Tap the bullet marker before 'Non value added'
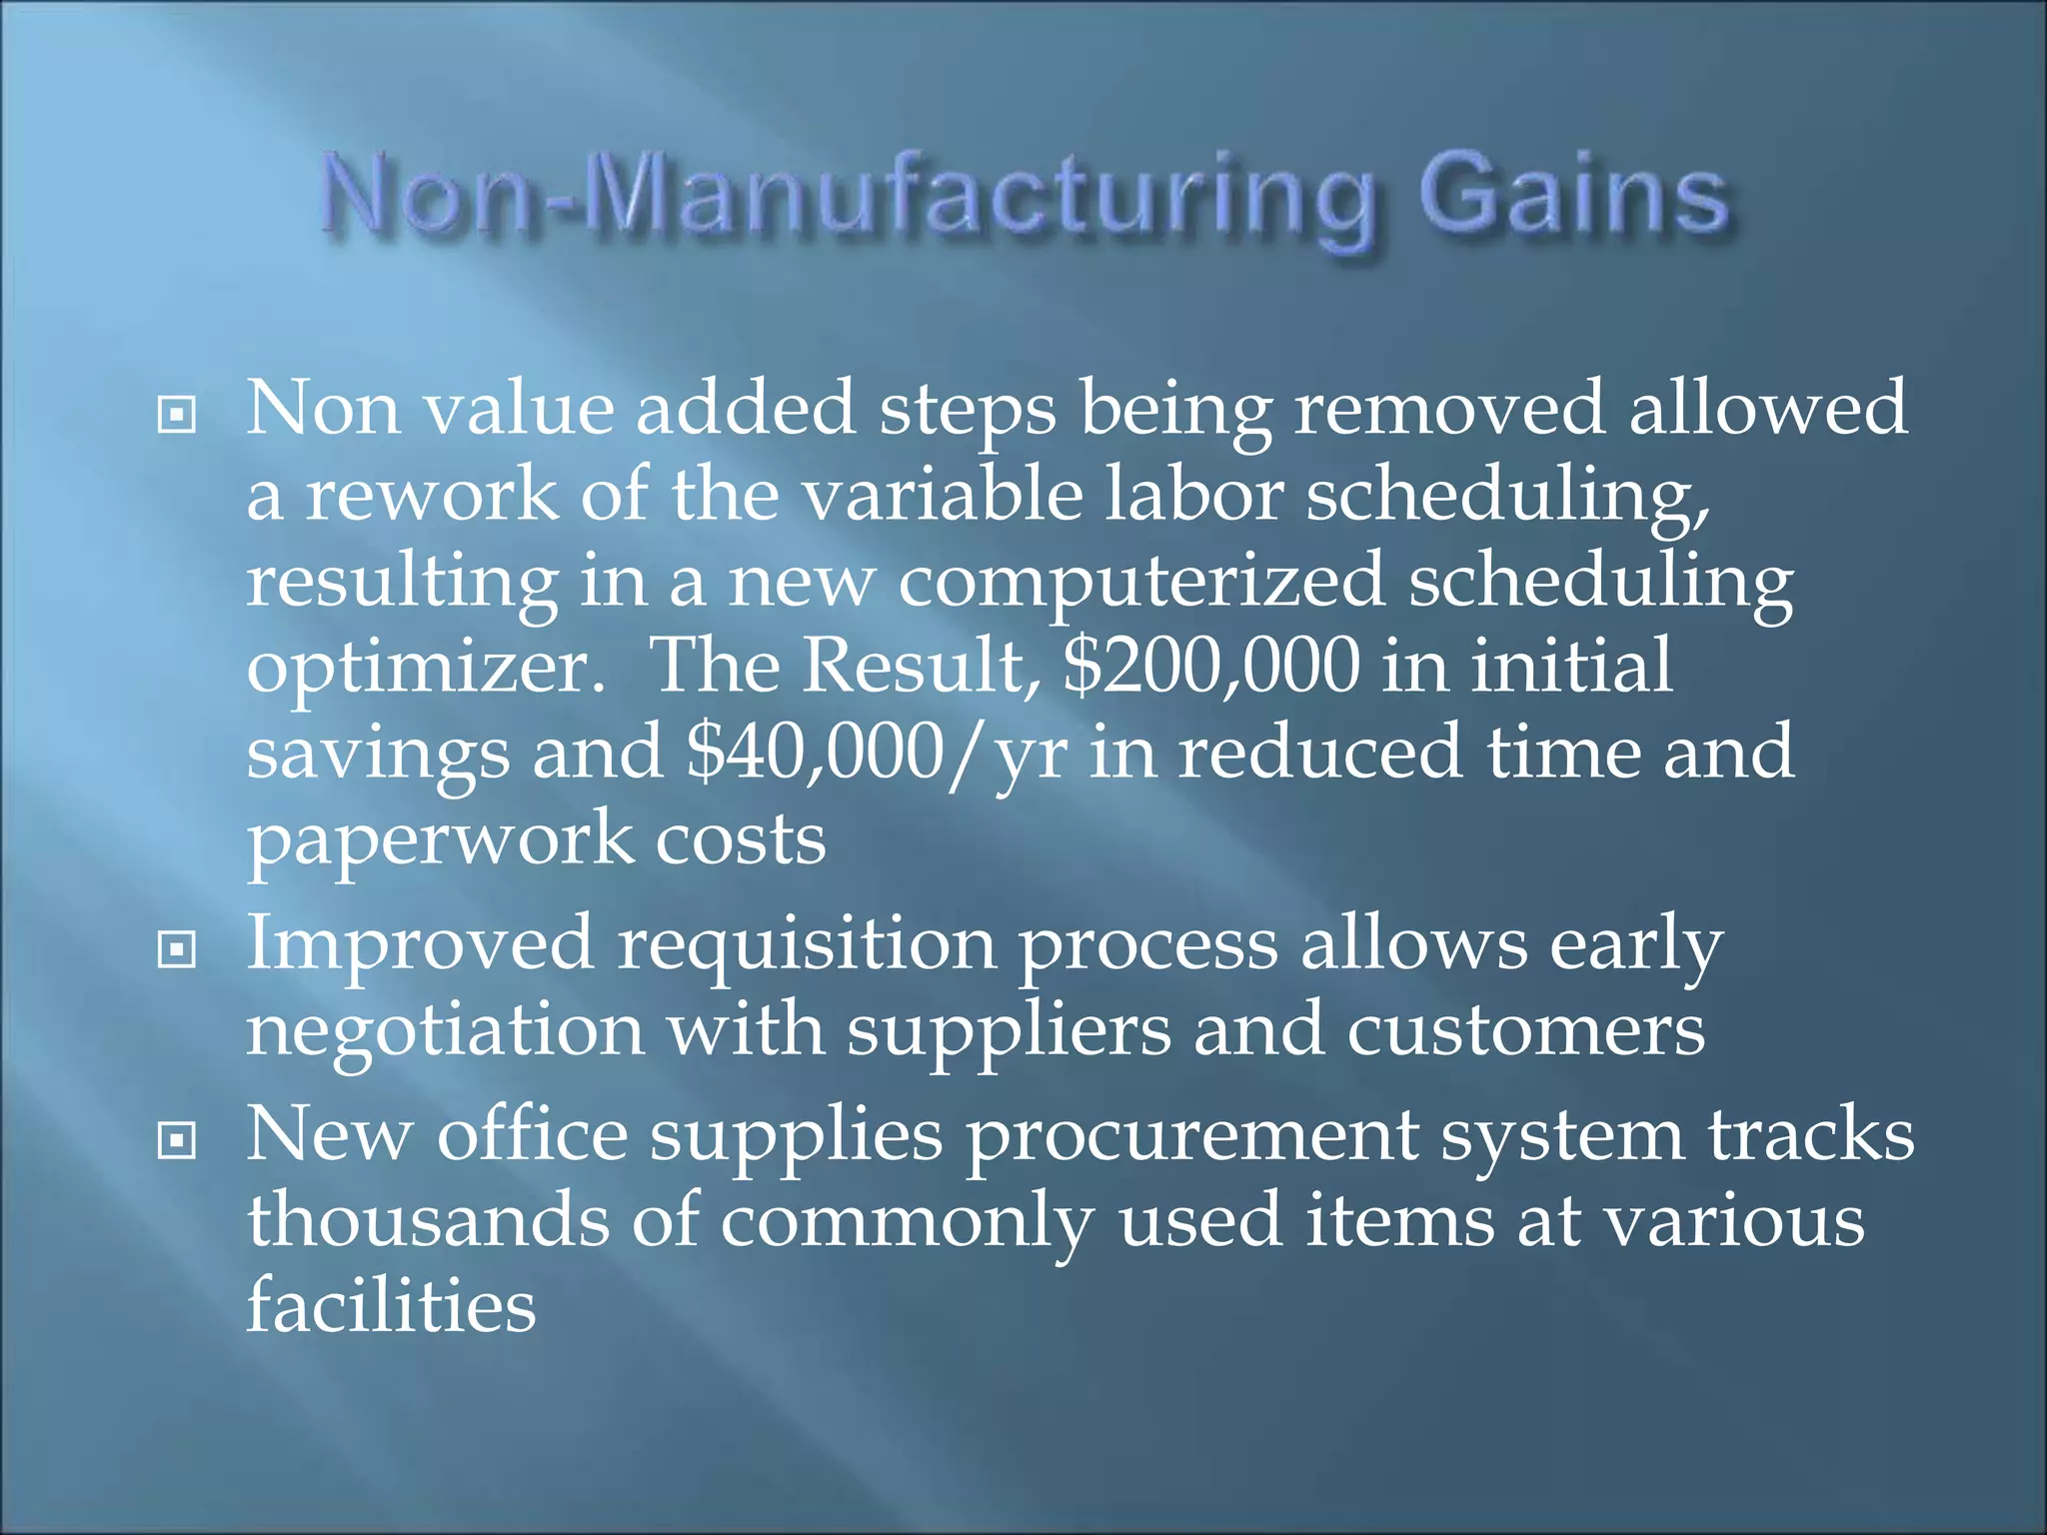point(177,414)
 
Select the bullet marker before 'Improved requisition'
point(177,949)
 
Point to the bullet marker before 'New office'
point(177,1140)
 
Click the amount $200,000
point(1211,666)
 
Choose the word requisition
point(807,945)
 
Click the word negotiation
point(445,1031)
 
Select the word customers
point(1525,1031)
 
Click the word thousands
point(428,1221)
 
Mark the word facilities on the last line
point(391,1305)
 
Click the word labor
point(1193,496)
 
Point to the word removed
point(1449,410)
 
